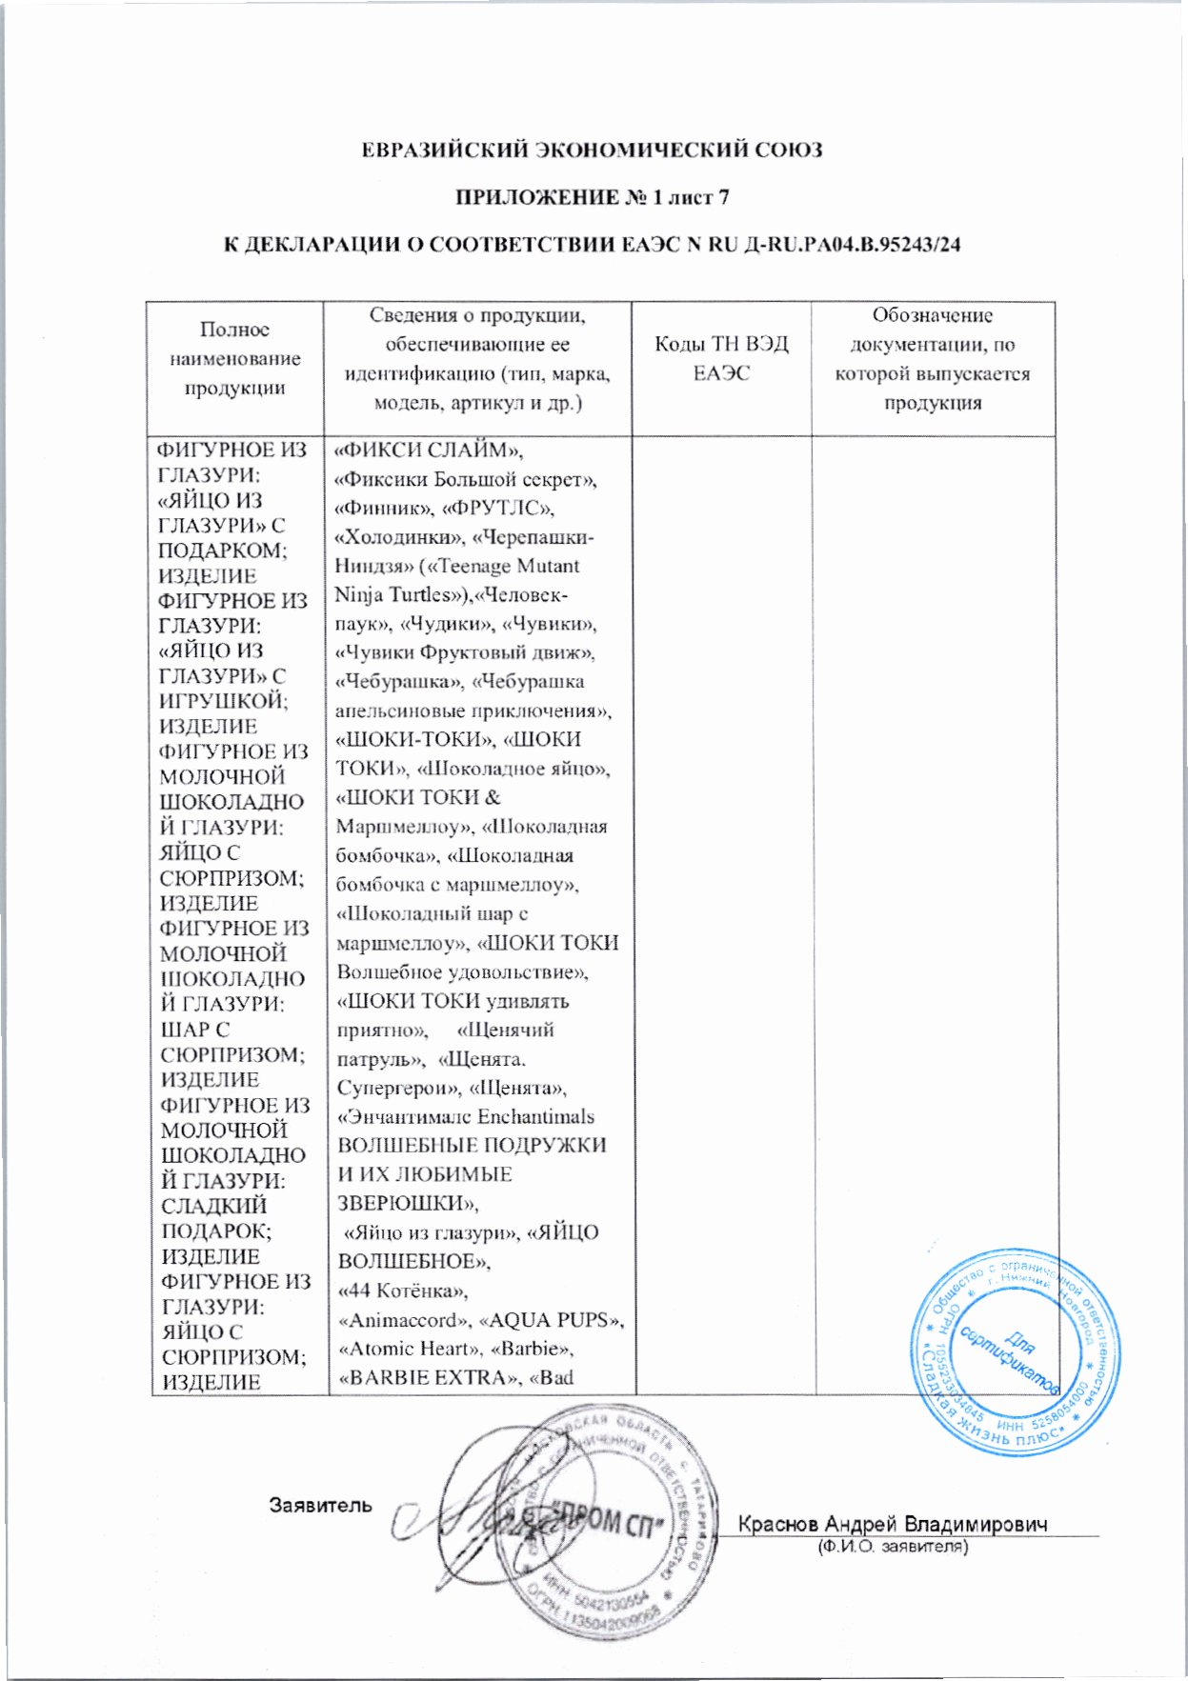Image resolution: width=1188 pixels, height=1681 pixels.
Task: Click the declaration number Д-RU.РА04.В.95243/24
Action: (837, 245)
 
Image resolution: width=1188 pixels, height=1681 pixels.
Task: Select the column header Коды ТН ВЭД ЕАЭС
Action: (721, 358)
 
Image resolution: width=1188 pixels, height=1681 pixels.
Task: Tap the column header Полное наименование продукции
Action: (234, 358)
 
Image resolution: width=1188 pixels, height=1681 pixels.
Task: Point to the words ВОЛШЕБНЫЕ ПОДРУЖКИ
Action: (472, 1146)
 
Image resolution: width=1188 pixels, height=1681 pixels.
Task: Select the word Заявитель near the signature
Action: (321, 1506)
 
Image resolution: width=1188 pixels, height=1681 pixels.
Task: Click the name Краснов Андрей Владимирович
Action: (893, 1524)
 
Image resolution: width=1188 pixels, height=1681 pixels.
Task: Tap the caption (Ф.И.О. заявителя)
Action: (893, 1548)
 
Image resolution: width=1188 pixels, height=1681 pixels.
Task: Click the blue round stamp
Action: (1015, 1351)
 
